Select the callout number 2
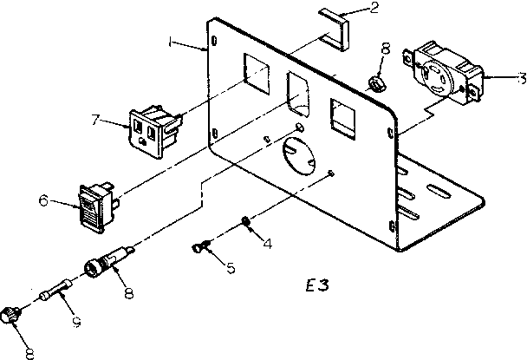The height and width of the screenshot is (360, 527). tap(350, 10)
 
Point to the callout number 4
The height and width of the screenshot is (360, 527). tap(267, 243)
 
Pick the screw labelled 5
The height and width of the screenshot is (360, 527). tap(201, 250)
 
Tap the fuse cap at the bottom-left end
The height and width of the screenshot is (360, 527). tap(11, 315)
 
